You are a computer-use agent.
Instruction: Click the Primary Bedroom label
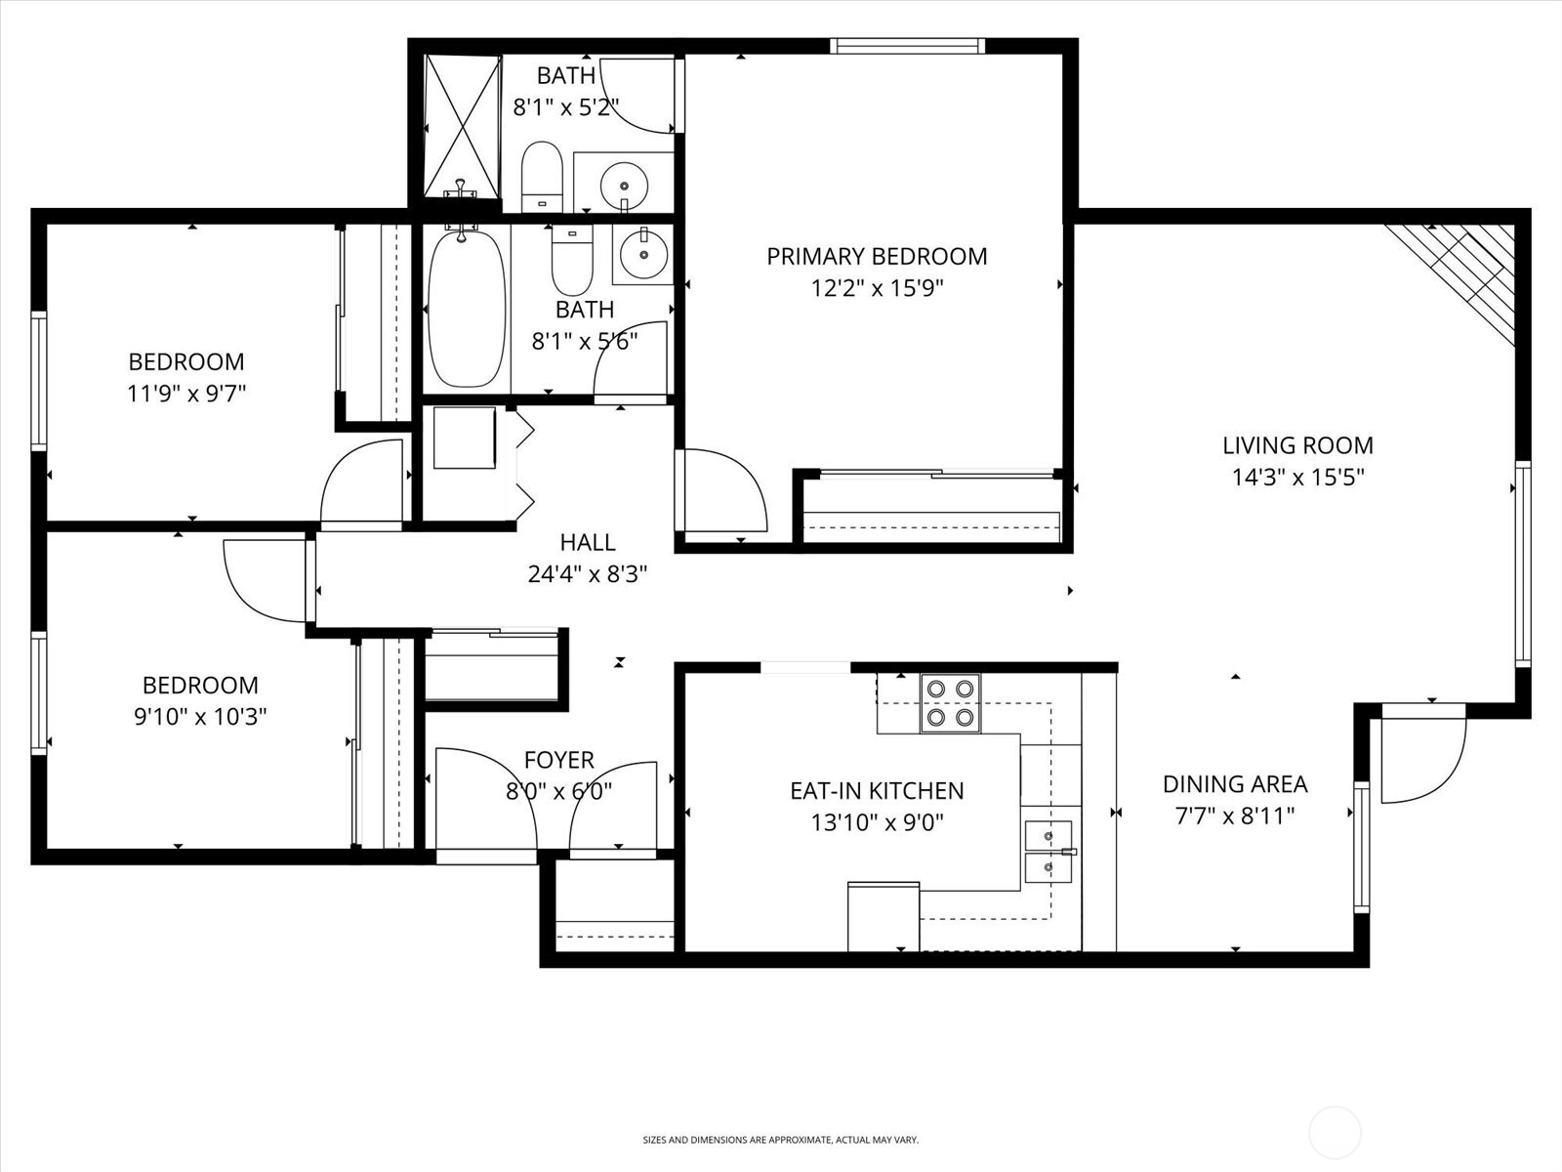pyautogui.click(x=876, y=257)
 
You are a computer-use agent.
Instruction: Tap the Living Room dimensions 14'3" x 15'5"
pyautogui.click(x=1297, y=478)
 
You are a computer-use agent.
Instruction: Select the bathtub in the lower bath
pyautogui.click(x=468, y=308)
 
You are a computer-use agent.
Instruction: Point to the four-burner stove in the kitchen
pyautogui.click(x=950, y=703)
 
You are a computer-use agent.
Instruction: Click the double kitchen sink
pyautogui.click(x=1048, y=852)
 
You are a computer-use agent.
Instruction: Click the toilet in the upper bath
pyautogui.click(x=542, y=177)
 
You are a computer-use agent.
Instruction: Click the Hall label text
pyautogui.click(x=588, y=542)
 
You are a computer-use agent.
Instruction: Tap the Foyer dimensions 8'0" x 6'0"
pyautogui.click(x=558, y=791)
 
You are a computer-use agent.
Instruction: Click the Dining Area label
pyautogui.click(x=1234, y=783)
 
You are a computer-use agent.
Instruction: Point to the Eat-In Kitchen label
pyautogui.click(x=876, y=790)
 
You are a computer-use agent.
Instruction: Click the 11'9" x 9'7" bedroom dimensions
pyautogui.click(x=186, y=394)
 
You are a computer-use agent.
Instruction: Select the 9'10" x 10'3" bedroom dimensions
pyautogui.click(x=200, y=717)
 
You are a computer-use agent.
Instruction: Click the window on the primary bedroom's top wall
pyautogui.click(x=907, y=46)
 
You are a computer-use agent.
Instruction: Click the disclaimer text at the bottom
pyautogui.click(x=780, y=1140)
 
